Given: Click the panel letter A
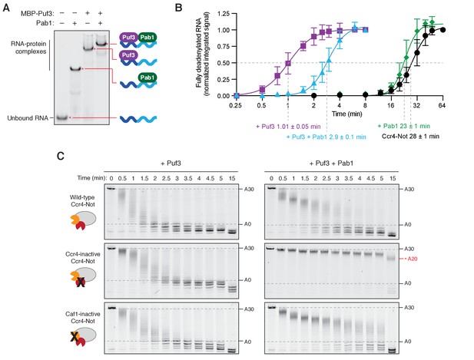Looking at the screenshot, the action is (x=6, y=8).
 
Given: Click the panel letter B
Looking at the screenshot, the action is (x=179, y=8).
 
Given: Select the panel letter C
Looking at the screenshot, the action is (x=61, y=156).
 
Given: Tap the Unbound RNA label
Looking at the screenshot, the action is (x=28, y=118).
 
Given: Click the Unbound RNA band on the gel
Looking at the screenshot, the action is (x=62, y=117).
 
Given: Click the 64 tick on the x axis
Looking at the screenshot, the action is (x=443, y=106).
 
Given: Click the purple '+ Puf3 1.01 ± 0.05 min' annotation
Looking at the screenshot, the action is (x=288, y=127).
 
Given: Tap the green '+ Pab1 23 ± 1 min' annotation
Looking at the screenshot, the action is (x=403, y=126).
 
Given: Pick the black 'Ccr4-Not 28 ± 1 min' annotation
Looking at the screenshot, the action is (x=410, y=136).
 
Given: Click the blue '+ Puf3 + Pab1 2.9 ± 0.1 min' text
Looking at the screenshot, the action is (x=326, y=137).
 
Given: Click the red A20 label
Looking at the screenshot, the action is (x=413, y=259).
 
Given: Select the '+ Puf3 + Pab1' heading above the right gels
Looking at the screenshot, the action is (x=331, y=163).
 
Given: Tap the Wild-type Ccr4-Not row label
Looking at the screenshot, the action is (x=82, y=201).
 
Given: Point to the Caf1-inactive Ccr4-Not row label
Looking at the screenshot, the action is (x=82, y=318).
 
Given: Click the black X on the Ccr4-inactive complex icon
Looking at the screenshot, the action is (x=81, y=282).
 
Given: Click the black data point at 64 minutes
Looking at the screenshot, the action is (x=443, y=30).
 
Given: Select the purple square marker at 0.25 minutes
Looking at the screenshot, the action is (x=237, y=96).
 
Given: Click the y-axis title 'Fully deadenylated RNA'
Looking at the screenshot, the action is (x=198, y=51).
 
